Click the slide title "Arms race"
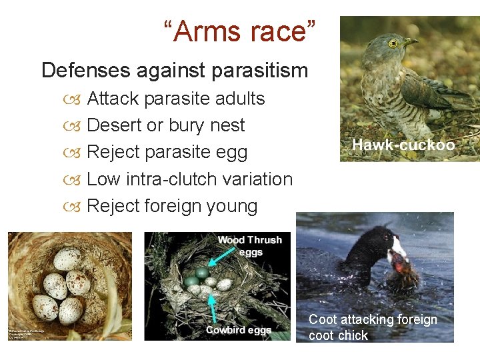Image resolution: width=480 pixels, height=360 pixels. coord(240,31)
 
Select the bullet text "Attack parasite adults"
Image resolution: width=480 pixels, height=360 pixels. coord(176,99)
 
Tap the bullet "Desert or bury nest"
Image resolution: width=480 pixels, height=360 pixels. coord(166,125)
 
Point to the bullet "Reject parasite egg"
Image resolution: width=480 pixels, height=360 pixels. coord(167,152)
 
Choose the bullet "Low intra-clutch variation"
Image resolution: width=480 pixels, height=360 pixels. coord(190,179)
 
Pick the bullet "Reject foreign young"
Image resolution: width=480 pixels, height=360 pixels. coord(172,206)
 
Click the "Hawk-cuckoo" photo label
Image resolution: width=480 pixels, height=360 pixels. coord(403,145)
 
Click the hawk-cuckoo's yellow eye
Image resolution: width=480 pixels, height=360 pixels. coord(393,43)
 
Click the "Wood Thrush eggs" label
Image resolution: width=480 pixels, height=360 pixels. coord(249,245)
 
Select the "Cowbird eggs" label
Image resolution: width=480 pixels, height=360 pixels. coord(238,330)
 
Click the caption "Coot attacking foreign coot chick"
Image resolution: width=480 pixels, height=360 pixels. coord(373,327)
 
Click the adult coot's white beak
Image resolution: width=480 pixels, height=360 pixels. coord(399,249)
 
